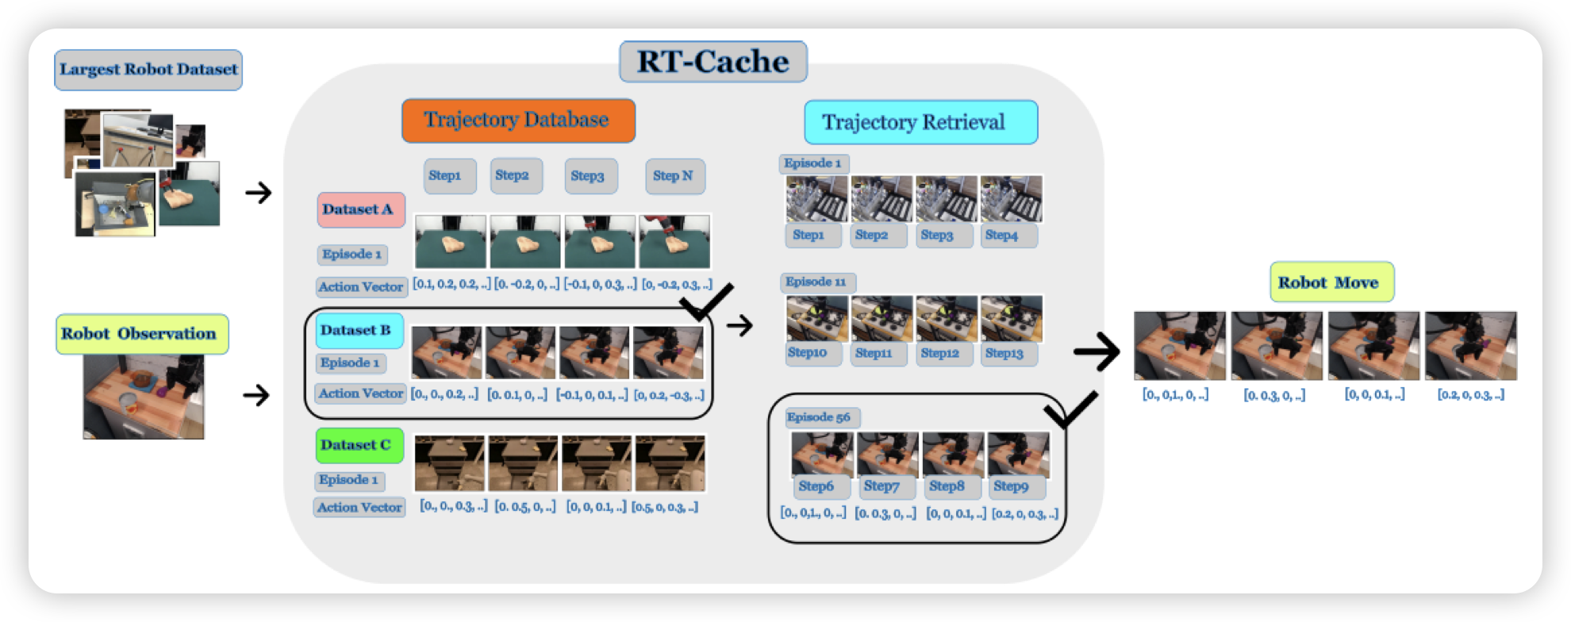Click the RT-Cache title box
(713, 62)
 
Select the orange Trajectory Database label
(518, 121)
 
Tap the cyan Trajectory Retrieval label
(920, 122)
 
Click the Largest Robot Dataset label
(148, 70)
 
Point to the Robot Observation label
(142, 334)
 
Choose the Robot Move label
(1331, 282)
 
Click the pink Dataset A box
(361, 209)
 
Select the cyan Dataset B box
(359, 331)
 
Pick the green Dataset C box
(359, 445)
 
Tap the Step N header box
(674, 176)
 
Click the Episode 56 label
(820, 417)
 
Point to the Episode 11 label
(817, 282)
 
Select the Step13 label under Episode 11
(1007, 353)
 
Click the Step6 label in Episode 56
(817, 486)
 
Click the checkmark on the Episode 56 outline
(1070, 408)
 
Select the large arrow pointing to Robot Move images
(1097, 351)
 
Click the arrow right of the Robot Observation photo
(256, 395)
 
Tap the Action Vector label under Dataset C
(360, 508)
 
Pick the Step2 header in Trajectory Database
(513, 175)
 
